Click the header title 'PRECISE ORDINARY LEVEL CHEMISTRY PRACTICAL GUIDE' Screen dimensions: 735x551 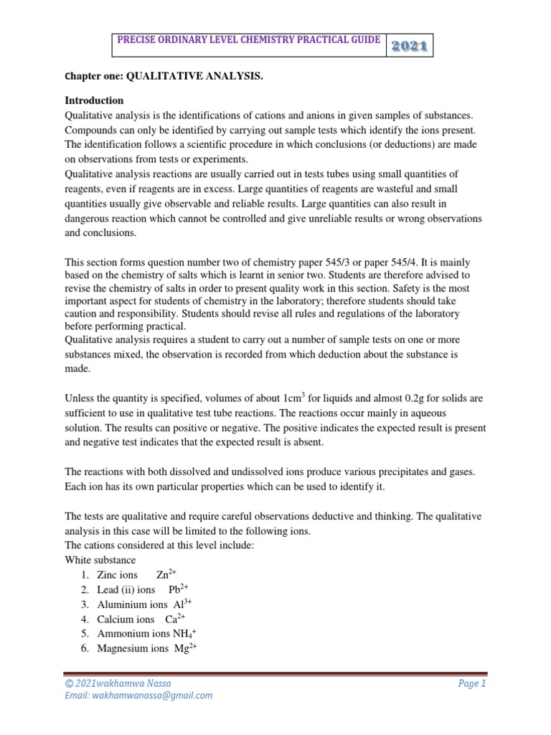249,41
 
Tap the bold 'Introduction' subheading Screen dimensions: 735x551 94,100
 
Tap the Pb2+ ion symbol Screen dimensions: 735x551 177,589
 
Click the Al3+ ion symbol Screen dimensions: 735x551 182,604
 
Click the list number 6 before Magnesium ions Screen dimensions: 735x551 84,649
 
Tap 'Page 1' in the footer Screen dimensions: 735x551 471,684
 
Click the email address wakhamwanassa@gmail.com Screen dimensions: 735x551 139,696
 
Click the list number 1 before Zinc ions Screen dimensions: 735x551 84,575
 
